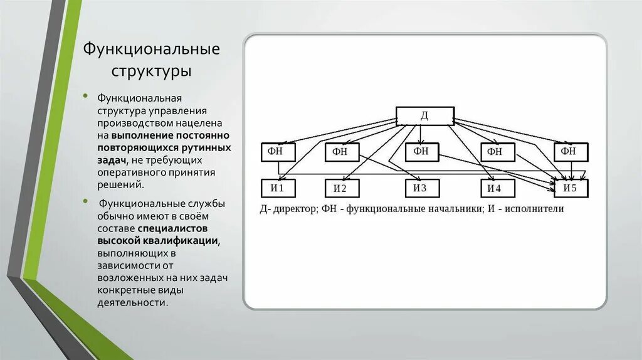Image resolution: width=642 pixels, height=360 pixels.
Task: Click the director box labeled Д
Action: tap(424, 115)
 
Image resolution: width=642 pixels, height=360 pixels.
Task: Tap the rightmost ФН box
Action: tap(571, 152)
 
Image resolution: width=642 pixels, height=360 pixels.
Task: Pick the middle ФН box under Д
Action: tap(421, 151)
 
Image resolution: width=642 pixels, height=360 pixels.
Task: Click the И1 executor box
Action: tap(278, 188)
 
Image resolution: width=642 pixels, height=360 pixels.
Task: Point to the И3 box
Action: tap(421, 188)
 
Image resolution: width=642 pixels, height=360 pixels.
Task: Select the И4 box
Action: tap(497, 188)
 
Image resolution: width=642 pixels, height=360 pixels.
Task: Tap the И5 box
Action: tap(572, 188)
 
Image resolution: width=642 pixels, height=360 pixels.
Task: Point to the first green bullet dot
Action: tap(88, 99)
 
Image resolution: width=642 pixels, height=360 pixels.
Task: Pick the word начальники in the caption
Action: tap(450, 208)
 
